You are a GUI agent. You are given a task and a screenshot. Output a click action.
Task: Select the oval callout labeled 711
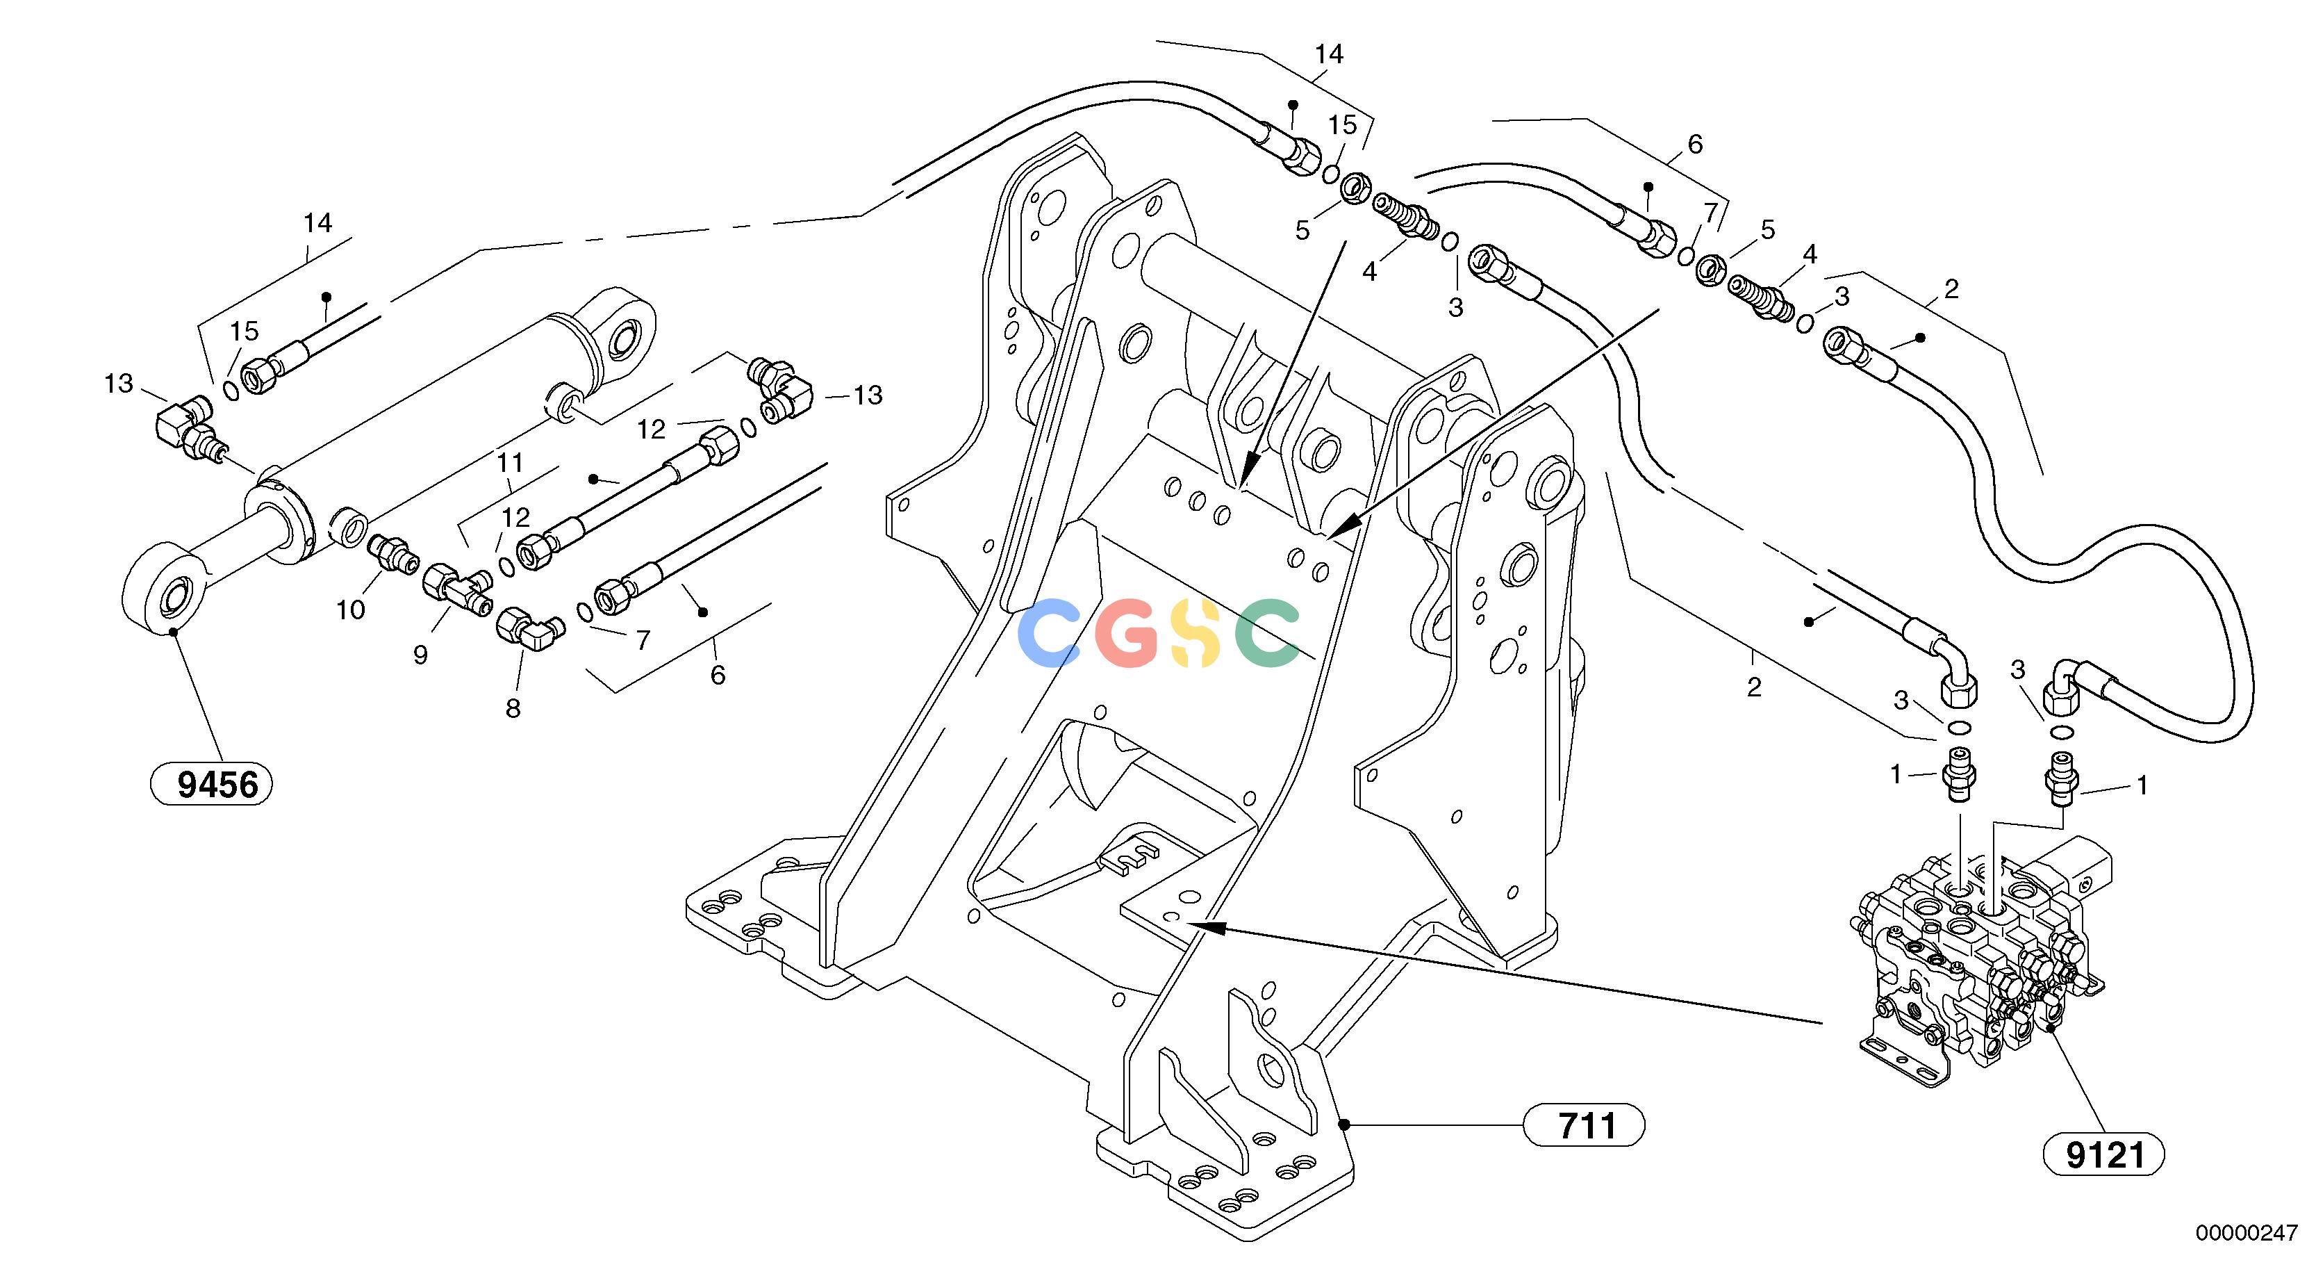click(x=1584, y=1125)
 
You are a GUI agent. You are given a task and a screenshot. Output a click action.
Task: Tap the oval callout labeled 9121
click(x=2104, y=1154)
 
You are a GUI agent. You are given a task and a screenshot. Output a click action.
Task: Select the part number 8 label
click(x=513, y=709)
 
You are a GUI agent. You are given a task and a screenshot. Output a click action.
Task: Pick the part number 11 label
click(x=511, y=464)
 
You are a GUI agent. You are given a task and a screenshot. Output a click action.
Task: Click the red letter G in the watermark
click(x=1128, y=633)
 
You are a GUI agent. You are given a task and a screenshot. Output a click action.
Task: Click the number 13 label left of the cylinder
click(x=119, y=384)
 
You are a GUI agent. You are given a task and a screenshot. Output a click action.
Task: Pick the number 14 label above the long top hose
click(x=1329, y=55)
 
